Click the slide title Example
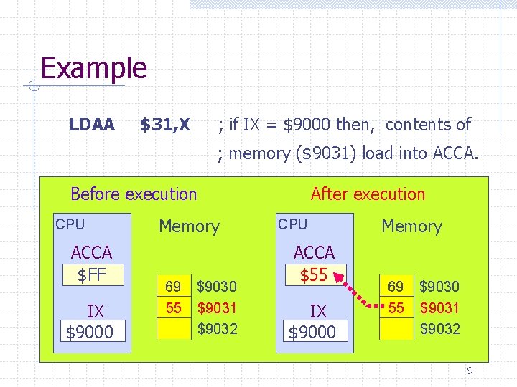[94, 69]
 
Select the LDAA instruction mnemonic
[91, 125]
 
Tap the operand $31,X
[164, 125]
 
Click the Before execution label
[134, 193]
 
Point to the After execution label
[368, 193]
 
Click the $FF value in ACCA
[92, 274]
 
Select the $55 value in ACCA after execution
[314, 274]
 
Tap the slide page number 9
[470, 371]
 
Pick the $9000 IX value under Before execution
[90, 333]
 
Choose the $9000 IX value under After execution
[312, 333]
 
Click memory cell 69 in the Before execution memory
[173, 287]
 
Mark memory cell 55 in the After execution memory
[396, 308]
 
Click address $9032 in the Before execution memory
[217, 329]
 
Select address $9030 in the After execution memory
[439, 287]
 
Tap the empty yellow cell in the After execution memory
[396, 329]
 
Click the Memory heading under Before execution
[189, 226]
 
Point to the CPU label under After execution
[292, 224]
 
